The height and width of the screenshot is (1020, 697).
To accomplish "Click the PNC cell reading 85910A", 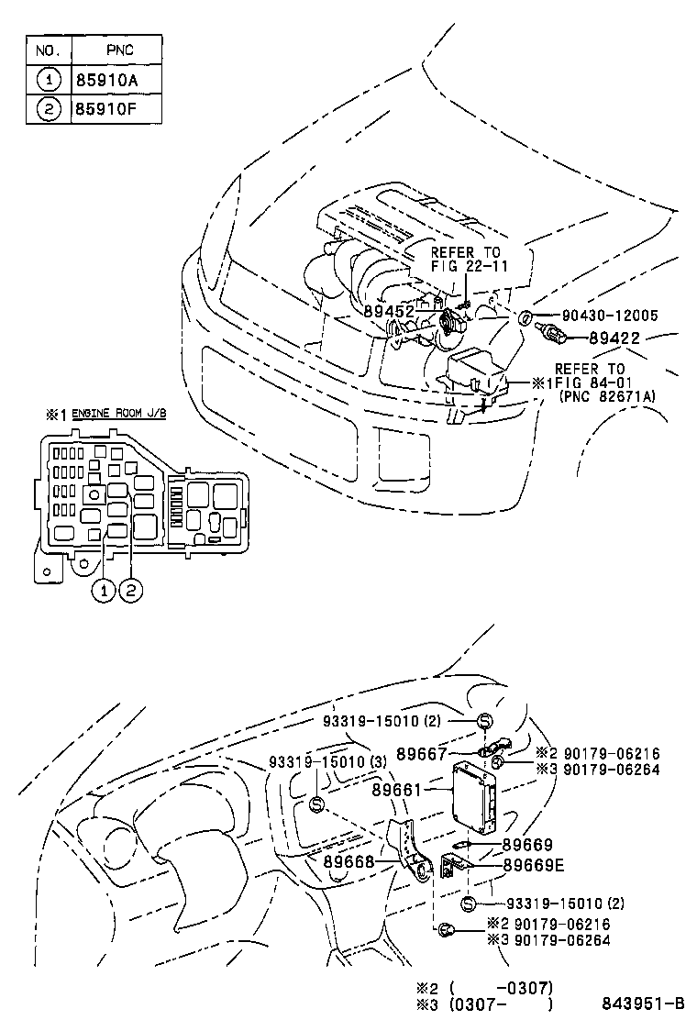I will [x=106, y=80].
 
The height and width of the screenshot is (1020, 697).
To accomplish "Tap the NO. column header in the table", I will [x=46, y=50].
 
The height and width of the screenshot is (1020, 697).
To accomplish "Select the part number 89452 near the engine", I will [x=389, y=312].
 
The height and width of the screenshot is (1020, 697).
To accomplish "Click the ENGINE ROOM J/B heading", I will [x=119, y=415].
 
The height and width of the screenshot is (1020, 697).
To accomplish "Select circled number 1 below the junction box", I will [x=105, y=592].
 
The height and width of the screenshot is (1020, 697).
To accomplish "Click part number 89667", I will [x=422, y=754].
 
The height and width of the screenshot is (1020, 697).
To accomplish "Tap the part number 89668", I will [x=348, y=861].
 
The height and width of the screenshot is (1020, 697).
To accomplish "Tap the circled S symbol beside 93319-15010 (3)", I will [x=316, y=804].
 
